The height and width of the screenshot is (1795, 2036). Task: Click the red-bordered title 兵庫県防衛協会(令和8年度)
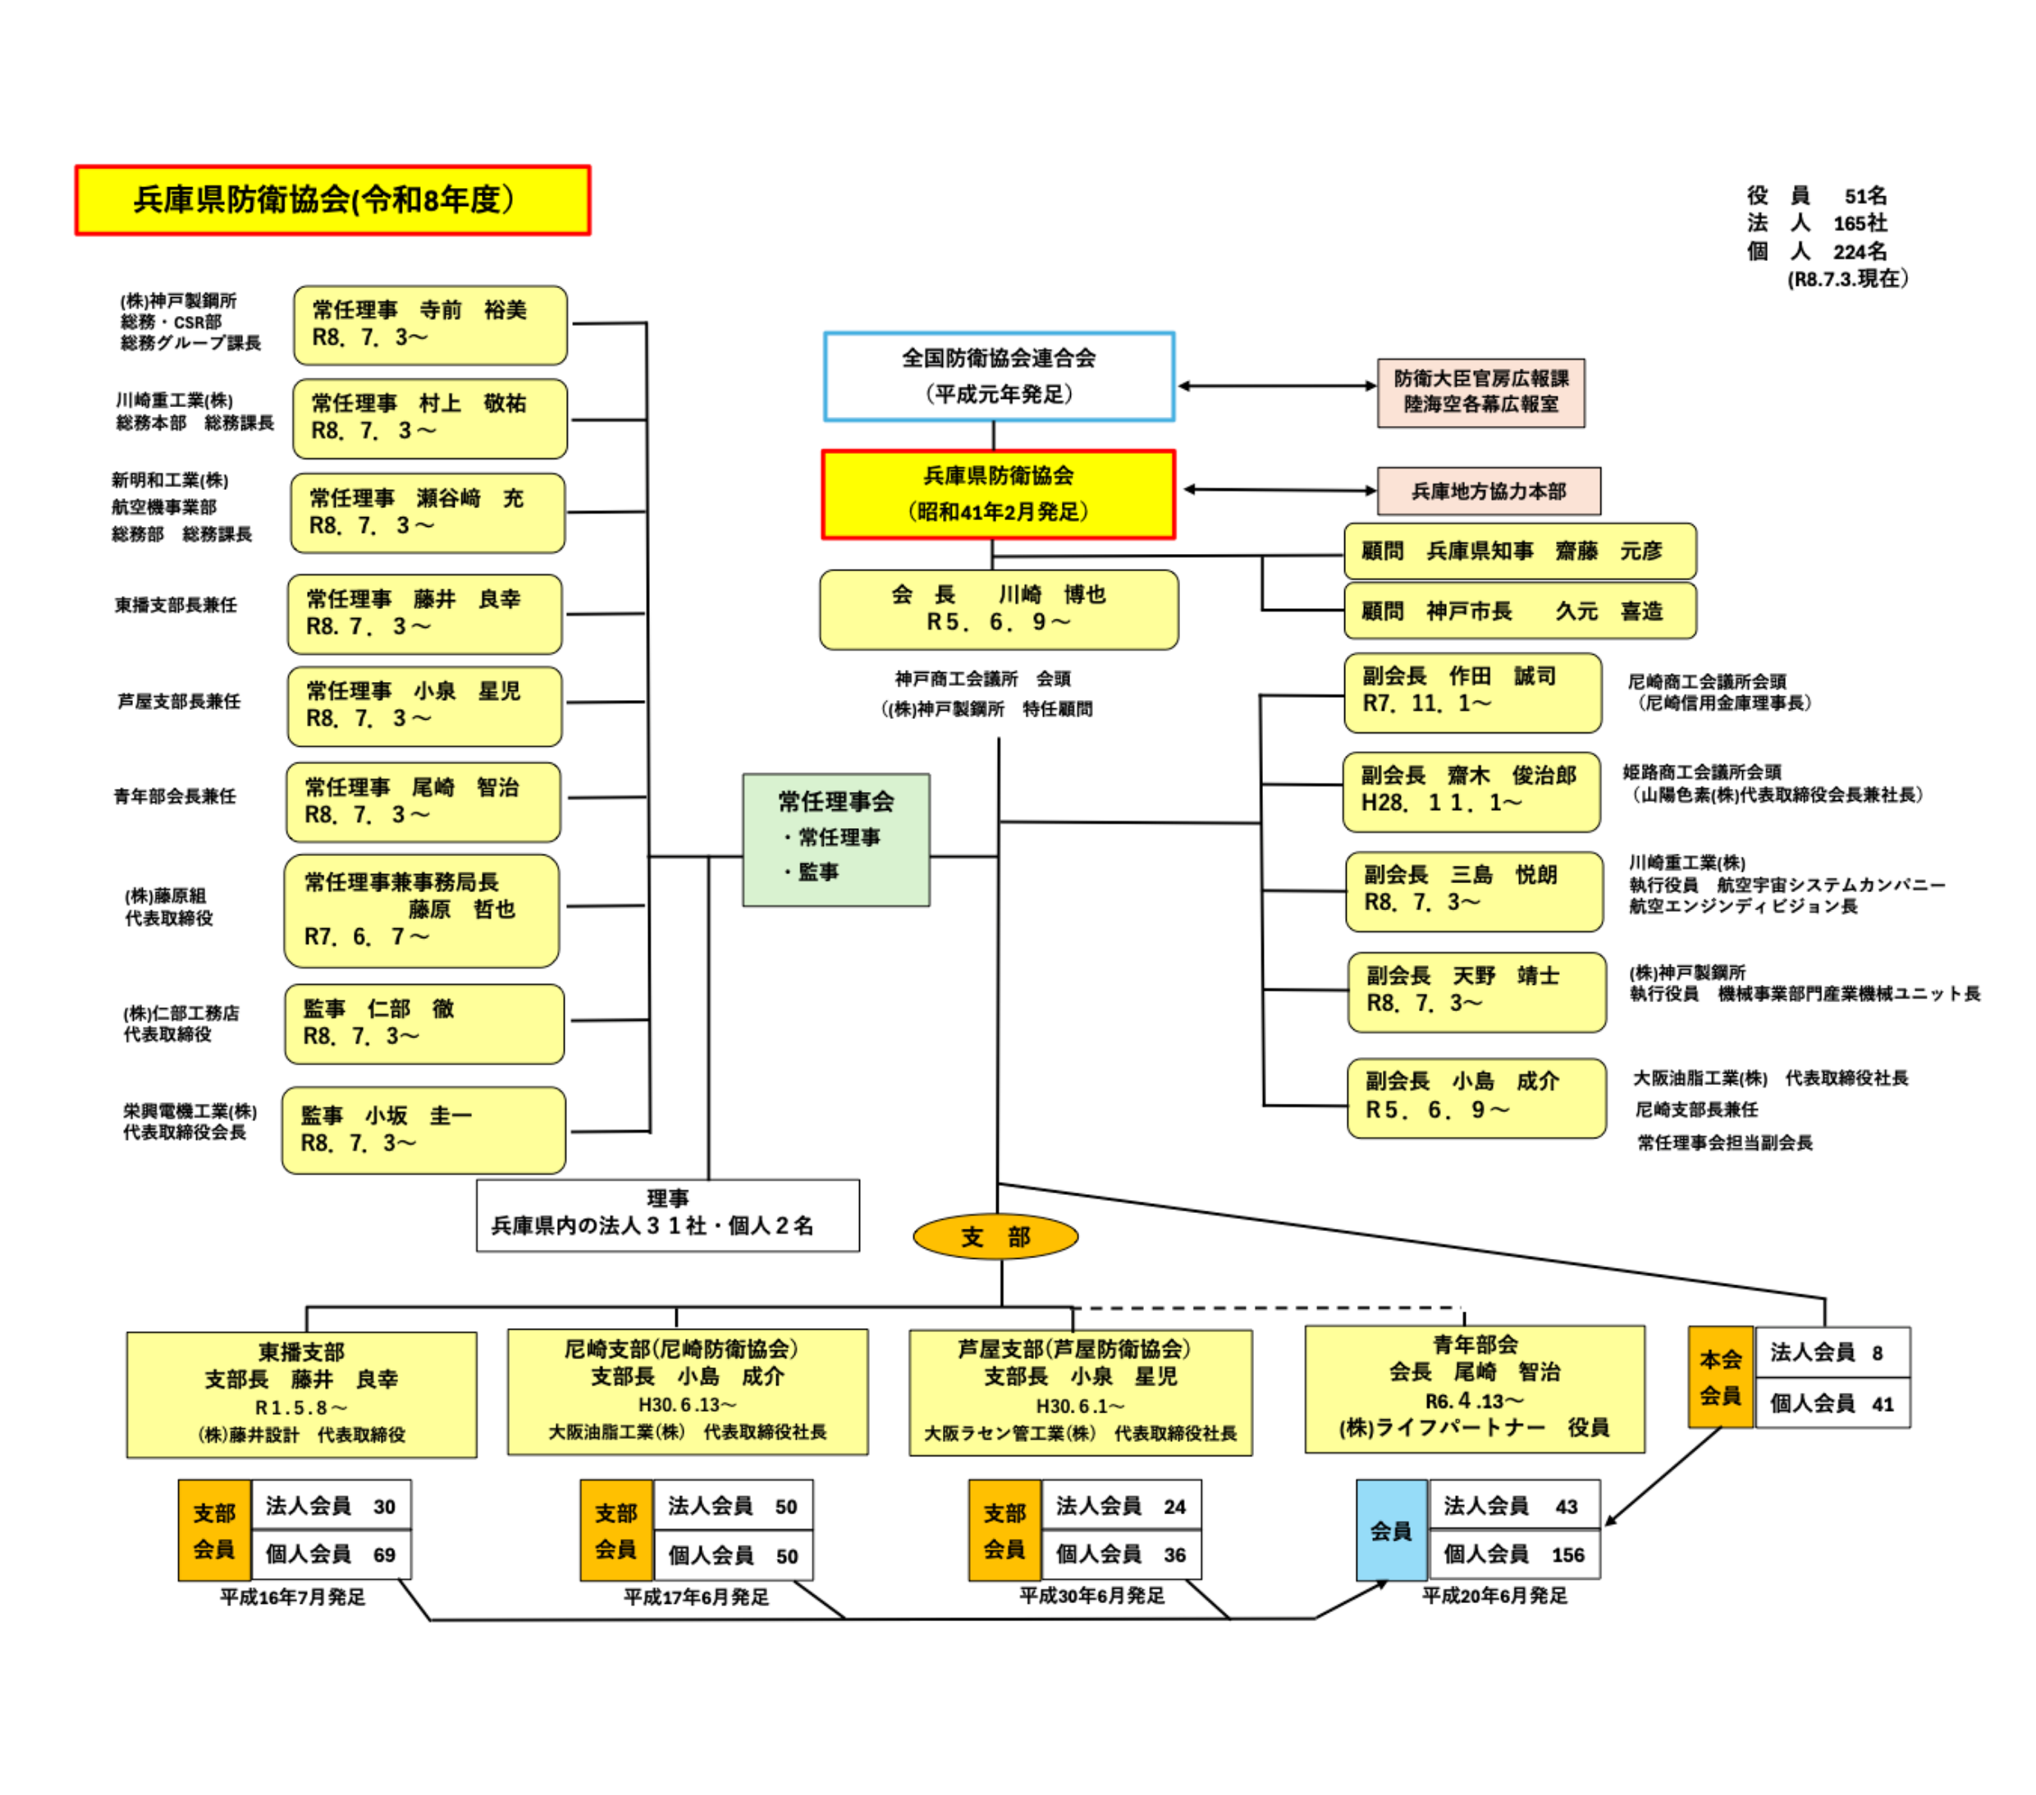click(332, 200)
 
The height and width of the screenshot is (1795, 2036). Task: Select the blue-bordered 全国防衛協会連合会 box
click(999, 377)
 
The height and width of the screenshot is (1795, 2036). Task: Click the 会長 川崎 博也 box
click(998, 610)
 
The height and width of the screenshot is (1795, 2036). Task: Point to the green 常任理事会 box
click(835, 840)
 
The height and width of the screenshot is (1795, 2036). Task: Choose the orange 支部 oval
click(995, 1237)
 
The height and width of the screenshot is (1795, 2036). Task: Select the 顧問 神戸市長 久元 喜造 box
click(1519, 611)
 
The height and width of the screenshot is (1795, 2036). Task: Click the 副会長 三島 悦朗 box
click(1474, 891)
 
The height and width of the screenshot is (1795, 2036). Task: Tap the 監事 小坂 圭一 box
click(423, 1129)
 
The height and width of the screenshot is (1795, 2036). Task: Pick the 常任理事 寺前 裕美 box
click(430, 325)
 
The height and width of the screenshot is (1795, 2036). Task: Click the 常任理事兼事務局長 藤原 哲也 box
click(421, 910)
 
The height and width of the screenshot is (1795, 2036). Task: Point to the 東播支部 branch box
click(301, 1394)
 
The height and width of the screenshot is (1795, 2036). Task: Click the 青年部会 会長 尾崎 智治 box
click(1474, 1389)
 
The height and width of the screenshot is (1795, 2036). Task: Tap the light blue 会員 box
click(1392, 1530)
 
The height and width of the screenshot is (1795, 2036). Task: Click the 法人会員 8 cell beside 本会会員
click(1832, 1353)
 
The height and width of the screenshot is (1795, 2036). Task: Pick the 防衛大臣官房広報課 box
click(1480, 392)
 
